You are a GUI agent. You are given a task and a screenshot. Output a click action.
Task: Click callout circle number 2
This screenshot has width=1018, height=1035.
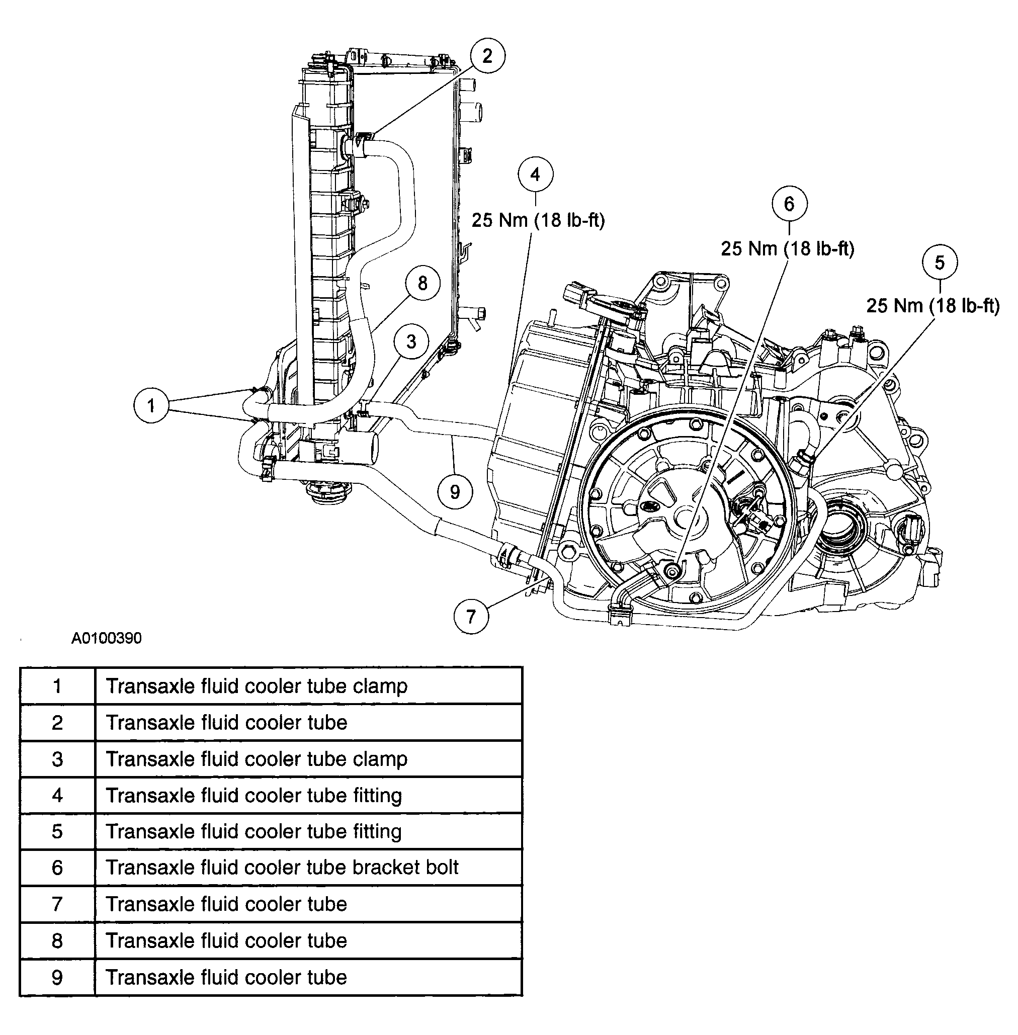pos(487,56)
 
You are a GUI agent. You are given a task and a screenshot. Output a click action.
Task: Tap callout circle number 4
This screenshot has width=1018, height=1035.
pos(535,175)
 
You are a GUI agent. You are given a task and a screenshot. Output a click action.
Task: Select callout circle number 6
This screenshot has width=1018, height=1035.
pos(790,204)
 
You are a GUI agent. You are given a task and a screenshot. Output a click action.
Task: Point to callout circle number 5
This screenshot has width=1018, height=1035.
pos(940,263)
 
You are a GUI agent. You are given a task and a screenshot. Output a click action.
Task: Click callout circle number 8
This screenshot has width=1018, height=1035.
pos(422,283)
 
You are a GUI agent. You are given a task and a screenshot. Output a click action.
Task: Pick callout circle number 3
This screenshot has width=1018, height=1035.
pos(410,341)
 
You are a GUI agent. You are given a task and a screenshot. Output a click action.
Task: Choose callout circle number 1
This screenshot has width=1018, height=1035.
pos(151,406)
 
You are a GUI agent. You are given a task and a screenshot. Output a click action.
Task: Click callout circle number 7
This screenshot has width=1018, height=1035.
pos(471,617)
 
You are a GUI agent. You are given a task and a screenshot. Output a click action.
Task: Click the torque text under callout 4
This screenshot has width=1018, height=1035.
pos(538,220)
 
